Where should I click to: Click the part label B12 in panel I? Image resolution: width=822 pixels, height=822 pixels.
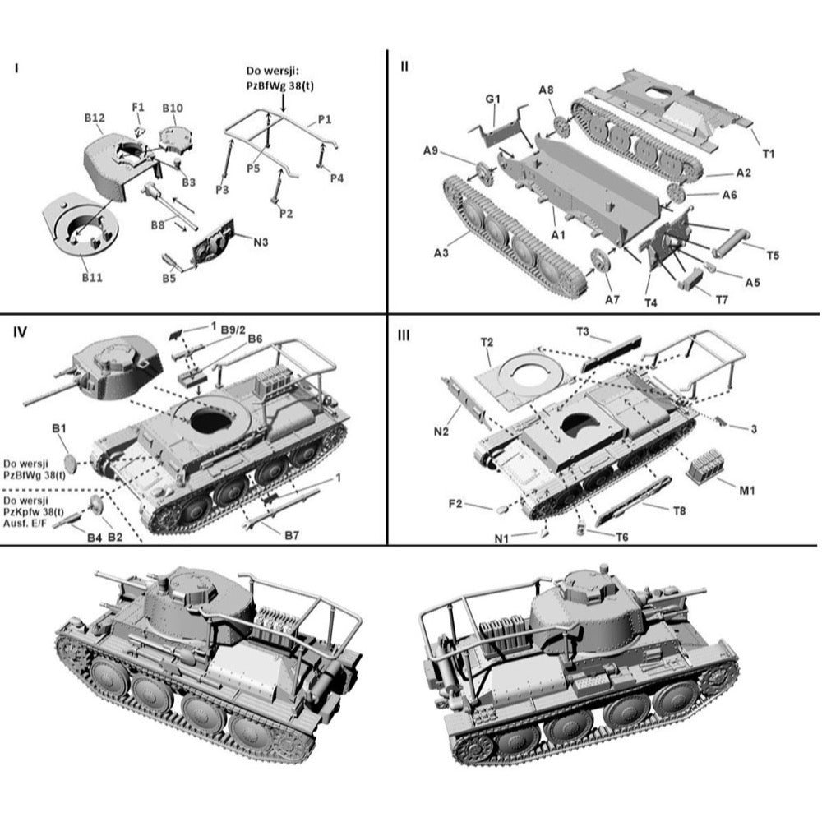tap(93, 118)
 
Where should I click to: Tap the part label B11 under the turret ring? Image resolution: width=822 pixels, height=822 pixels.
tap(91, 278)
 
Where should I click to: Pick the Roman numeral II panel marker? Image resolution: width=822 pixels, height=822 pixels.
tap(404, 66)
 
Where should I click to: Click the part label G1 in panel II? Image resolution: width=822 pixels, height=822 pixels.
tap(492, 99)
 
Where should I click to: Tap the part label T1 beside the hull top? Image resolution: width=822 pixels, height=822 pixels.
tap(769, 152)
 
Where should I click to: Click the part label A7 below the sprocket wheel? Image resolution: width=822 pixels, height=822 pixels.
tap(612, 300)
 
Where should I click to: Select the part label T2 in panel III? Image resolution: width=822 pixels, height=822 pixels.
tap(487, 340)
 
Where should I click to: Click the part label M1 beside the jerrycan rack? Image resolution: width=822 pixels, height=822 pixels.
tap(746, 491)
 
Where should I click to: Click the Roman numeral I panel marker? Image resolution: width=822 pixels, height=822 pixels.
tap(16, 67)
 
